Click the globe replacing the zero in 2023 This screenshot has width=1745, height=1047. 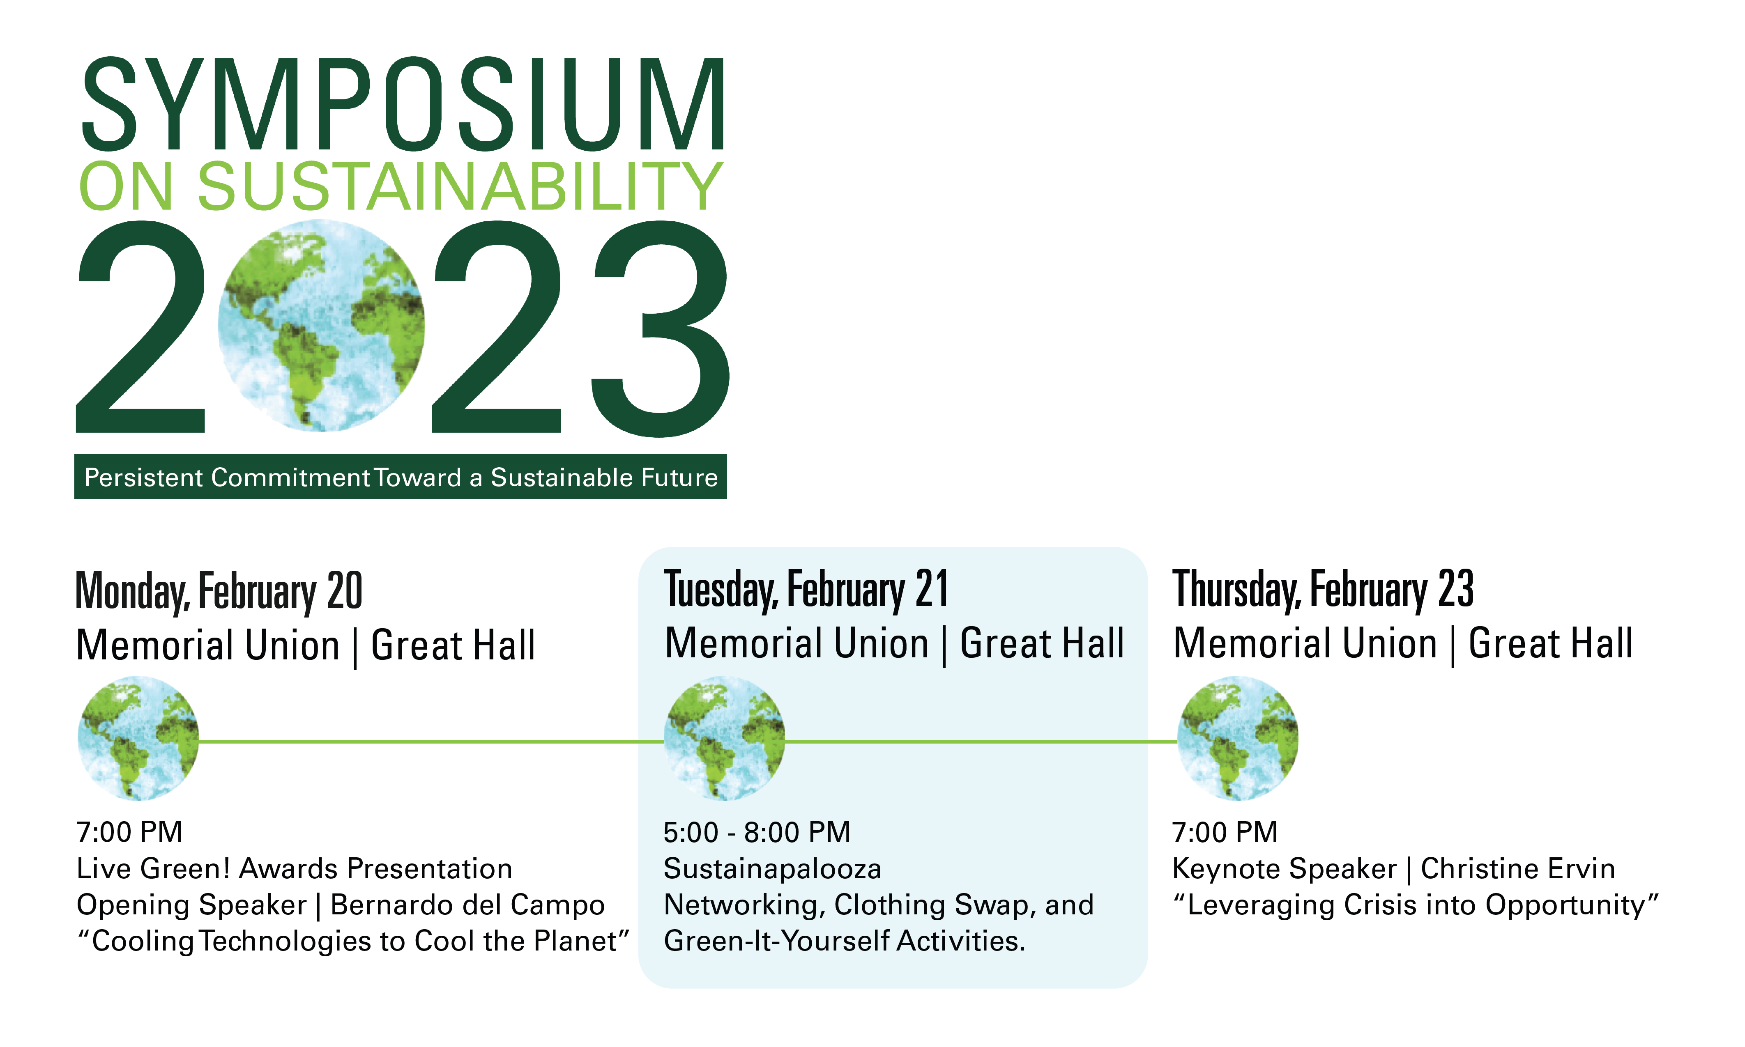[321, 325]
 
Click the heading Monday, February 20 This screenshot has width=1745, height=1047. [219, 591]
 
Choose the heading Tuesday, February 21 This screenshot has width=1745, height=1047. [806, 590]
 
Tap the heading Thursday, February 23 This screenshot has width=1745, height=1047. [1323, 590]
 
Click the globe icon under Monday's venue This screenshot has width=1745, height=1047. [138, 738]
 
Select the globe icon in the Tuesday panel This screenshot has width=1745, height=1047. [725, 738]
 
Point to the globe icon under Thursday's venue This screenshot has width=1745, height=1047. [1238, 738]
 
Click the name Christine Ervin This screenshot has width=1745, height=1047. [1518, 868]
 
